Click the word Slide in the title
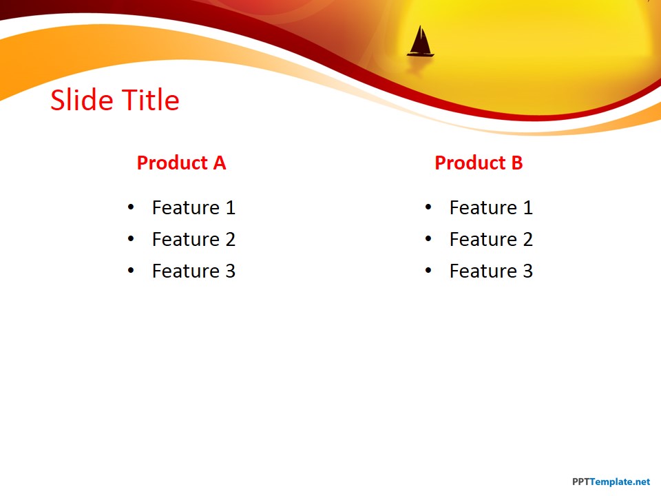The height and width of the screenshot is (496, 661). pyautogui.click(x=82, y=100)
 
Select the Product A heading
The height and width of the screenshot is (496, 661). pyautogui.click(x=182, y=163)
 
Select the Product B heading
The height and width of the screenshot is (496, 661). pyautogui.click(x=479, y=163)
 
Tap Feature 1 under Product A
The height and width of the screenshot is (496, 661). pyautogui.click(x=194, y=207)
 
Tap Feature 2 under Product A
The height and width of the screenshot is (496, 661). pyautogui.click(x=194, y=239)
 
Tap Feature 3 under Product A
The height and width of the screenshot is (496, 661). pyautogui.click(x=194, y=271)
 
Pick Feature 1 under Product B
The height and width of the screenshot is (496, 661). pyautogui.click(x=492, y=207)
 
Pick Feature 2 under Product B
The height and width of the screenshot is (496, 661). pyautogui.click(x=492, y=239)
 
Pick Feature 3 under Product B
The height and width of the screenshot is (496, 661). pyautogui.click(x=492, y=271)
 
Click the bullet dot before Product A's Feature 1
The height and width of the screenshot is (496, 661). pyautogui.click(x=131, y=207)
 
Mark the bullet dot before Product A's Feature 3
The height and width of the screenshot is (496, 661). pyautogui.click(x=131, y=270)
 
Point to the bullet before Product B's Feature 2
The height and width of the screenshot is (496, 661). pyautogui.click(x=428, y=239)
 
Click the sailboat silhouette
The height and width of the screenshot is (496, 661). pyautogui.click(x=420, y=42)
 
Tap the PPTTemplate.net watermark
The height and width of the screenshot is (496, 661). pyautogui.click(x=611, y=482)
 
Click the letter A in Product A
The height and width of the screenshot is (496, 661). pyautogui.click(x=219, y=163)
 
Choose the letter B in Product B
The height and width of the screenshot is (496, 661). pyautogui.click(x=517, y=163)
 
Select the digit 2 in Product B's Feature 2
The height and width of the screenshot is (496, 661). pyautogui.click(x=528, y=239)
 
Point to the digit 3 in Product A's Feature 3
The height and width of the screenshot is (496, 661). pyautogui.click(x=230, y=271)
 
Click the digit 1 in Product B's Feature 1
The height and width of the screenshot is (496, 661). pyautogui.click(x=528, y=207)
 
